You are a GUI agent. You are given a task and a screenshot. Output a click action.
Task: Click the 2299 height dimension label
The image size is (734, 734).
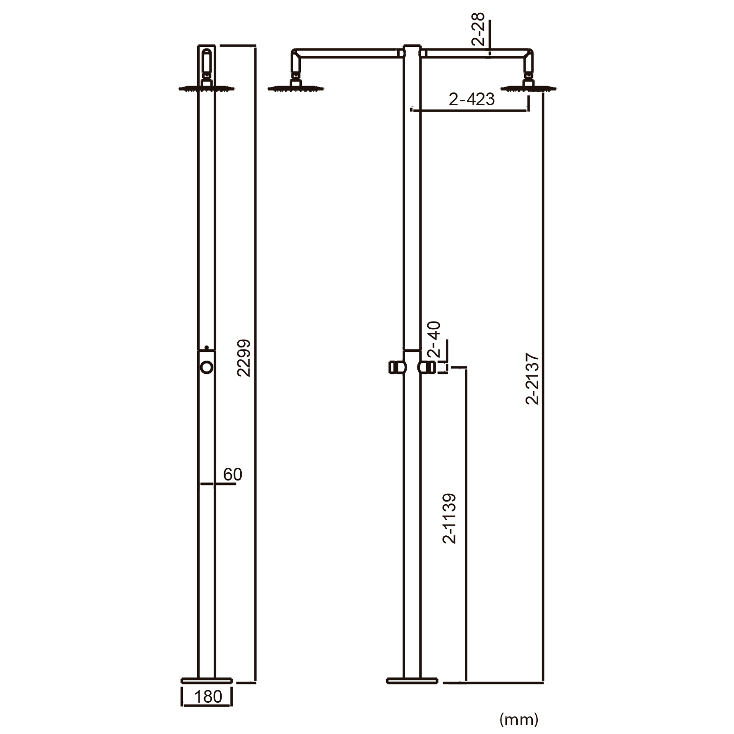point(243,358)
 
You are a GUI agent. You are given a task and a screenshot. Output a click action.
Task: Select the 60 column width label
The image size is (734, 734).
point(232,474)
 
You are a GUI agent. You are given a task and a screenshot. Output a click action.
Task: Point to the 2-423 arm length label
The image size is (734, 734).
point(472,99)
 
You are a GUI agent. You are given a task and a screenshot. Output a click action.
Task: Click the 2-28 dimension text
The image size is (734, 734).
point(478,30)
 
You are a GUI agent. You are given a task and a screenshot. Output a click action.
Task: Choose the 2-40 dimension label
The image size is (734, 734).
point(434,339)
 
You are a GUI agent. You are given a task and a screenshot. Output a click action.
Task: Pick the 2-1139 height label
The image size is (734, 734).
point(449,518)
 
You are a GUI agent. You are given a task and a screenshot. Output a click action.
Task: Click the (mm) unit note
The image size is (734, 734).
point(519,719)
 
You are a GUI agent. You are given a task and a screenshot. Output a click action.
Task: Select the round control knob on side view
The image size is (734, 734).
point(206,367)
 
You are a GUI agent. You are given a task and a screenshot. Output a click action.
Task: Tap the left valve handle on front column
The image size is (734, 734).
point(394,367)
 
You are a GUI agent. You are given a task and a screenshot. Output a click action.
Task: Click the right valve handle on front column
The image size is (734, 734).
point(427,367)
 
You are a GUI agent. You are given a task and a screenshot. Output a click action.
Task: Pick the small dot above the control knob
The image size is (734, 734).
point(206,347)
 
